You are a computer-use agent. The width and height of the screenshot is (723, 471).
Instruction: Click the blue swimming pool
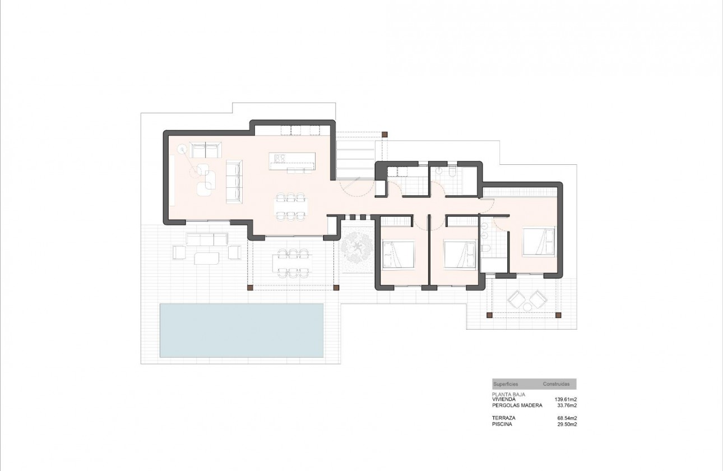coord(242,330)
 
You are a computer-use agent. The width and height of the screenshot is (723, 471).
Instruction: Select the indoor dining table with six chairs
coord(291,206)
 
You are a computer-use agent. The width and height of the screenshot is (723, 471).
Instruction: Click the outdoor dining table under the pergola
coord(291,262)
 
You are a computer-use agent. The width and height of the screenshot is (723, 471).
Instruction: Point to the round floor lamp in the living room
coord(182,149)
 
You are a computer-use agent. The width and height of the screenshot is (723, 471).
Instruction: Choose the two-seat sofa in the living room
coord(205,151)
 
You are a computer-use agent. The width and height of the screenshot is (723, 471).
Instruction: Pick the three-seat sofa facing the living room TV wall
coord(234,181)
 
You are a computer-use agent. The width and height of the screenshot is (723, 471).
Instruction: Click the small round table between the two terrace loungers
coord(527,307)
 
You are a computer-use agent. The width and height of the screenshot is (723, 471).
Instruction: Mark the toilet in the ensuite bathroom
coord(485,248)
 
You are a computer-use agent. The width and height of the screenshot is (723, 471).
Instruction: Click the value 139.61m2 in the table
coord(566,399)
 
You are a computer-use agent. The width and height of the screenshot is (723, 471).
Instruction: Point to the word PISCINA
coord(502,424)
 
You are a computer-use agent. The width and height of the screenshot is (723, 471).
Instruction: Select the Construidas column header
coord(556,384)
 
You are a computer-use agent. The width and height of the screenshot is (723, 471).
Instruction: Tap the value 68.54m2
coord(566,418)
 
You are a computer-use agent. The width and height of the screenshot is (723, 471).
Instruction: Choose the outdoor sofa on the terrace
coord(207,240)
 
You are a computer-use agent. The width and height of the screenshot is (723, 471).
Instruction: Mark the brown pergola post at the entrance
coord(384,135)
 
